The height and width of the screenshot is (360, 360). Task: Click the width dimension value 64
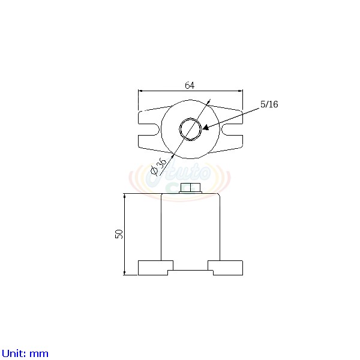(x=190, y=85)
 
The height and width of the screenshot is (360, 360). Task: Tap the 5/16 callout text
(x=269, y=104)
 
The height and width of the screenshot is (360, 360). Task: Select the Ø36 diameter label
(x=159, y=164)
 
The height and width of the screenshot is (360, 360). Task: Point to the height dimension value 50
(x=119, y=234)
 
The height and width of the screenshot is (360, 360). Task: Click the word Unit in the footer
(x=13, y=353)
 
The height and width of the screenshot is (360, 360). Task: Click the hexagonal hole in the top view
(x=190, y=129)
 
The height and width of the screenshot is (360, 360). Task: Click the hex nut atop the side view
(x=190, y=188)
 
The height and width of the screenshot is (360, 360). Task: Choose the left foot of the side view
(x=155, y=268)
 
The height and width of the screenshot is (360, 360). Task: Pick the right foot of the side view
(x=226, y=268)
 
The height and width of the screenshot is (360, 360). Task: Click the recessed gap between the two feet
(x=190, y=272)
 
